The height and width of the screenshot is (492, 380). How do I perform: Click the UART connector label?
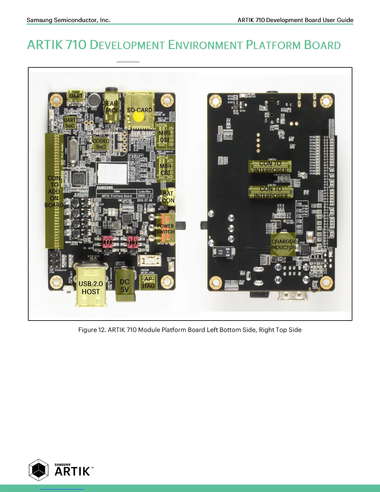click(76, 96)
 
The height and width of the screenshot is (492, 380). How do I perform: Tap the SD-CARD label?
click(140, 110)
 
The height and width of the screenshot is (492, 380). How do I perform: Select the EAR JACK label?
click(112, 107)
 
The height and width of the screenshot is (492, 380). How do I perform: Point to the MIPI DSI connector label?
click(165, 136)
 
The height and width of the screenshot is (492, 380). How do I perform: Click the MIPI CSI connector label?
click(165, 169)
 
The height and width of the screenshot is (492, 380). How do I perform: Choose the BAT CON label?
click(168, 197)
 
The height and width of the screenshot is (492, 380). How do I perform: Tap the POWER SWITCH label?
click(165, 229)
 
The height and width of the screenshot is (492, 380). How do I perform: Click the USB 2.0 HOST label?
click(91, 288)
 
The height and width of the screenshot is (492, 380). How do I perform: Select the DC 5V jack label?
click(124, 285)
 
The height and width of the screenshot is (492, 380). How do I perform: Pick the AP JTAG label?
click(148, 283)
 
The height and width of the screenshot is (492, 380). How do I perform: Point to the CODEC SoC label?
click(101, 144)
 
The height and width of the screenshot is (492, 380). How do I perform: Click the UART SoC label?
click(70, 123)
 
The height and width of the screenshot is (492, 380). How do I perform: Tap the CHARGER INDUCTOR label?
click(283, 244)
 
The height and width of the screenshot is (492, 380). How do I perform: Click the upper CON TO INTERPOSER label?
click(270, 167)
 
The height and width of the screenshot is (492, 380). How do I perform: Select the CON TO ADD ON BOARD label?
click(54, 191)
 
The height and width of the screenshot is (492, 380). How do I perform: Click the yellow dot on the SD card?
click(138, 117)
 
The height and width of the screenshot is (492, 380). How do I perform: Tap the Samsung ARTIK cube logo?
click(39, 470)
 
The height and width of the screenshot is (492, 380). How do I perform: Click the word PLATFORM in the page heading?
click(273, 45)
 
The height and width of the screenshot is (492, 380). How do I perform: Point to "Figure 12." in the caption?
click(92, 330)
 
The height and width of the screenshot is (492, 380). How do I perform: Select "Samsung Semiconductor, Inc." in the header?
click(68, 20)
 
